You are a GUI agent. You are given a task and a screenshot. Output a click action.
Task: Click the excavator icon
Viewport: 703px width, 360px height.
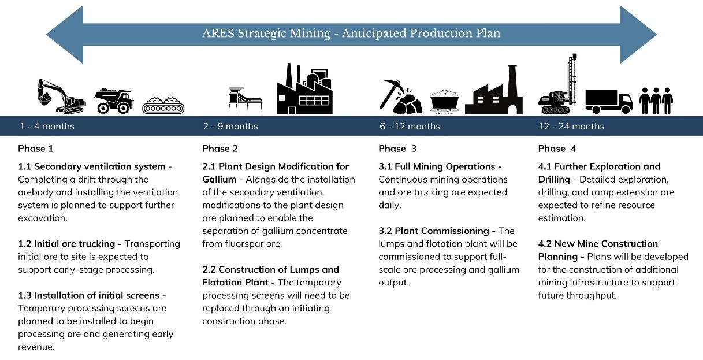61,96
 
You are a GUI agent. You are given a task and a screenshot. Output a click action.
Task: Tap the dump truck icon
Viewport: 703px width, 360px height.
114,101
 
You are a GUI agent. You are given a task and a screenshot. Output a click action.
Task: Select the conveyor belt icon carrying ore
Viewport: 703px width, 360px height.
163,105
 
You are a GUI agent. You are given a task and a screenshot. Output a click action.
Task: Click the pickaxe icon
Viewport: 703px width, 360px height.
392,94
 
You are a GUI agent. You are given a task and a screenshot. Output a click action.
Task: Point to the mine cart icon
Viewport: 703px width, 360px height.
444,102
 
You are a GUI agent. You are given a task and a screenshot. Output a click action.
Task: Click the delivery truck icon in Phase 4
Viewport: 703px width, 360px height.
609,101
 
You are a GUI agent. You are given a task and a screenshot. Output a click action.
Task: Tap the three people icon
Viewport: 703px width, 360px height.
656,101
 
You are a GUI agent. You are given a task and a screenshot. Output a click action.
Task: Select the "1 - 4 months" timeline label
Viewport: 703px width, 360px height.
47,126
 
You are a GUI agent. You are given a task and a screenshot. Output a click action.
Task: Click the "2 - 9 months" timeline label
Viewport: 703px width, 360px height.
230,126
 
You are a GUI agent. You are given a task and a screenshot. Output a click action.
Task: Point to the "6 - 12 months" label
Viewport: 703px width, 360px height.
410,126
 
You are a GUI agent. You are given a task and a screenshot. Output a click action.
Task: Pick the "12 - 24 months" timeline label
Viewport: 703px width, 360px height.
571,126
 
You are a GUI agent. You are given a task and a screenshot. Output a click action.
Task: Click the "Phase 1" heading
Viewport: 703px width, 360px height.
36,149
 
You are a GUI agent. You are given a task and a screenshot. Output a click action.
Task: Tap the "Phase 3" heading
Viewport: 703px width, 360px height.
397,149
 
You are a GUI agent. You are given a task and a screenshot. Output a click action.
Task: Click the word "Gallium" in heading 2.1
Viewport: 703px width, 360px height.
219,179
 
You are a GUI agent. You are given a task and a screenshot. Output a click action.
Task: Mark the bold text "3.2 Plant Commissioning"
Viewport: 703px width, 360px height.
434,231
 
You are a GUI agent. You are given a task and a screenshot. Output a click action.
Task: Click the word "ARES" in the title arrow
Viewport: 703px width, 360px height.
218,34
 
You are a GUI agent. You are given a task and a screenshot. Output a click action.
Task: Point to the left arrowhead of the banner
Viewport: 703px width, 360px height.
65,35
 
